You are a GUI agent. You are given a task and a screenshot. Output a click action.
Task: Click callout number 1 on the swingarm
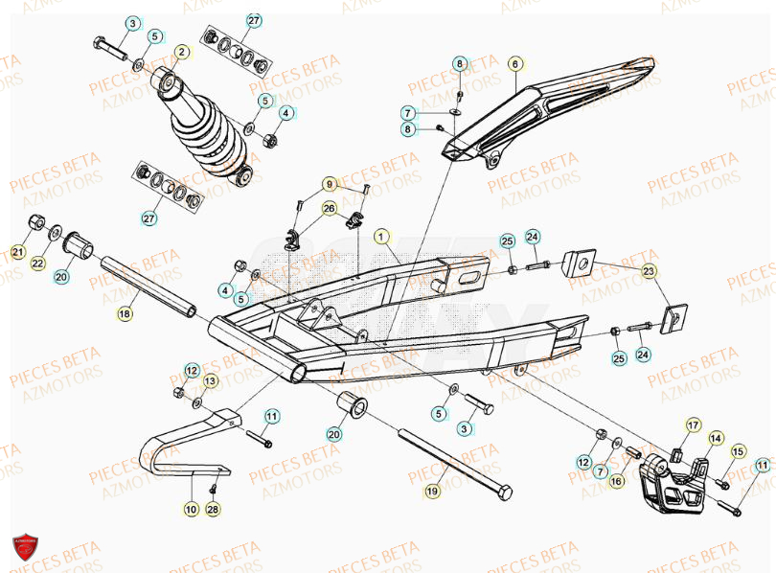point(380,235)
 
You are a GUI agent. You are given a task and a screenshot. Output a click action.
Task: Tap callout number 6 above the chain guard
point(514,64)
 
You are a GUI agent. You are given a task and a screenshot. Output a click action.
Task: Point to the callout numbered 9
point(330,184)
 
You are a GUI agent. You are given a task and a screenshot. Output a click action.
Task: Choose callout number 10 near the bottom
point(192,511)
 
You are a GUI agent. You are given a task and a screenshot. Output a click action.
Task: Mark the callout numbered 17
point(693,424)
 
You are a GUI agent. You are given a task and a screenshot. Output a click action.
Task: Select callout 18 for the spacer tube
point(126,312)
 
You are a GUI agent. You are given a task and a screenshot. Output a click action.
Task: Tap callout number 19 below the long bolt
point(432,492)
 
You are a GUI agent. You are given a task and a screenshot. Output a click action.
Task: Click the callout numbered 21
point(17,252)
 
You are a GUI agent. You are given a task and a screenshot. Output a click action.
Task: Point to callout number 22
point(37,264)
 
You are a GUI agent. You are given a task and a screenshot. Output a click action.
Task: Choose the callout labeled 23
point(650,271)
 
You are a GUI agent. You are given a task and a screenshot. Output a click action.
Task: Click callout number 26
point(330,208)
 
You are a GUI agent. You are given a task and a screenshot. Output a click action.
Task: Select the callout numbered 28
point(213,510)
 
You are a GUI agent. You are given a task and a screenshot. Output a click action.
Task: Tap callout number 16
point(617,481)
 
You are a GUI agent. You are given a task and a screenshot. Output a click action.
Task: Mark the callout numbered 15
point(738,451)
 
